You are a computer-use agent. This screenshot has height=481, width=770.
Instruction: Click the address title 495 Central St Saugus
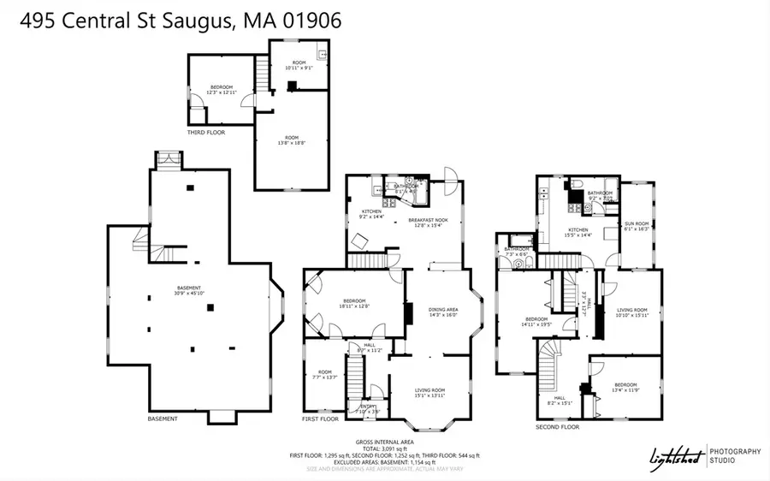[171, 20]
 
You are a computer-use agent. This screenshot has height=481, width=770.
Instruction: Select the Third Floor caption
[206, 132]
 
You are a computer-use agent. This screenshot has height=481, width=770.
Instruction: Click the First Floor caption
[321, 419]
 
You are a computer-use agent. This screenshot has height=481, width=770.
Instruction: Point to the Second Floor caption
[558, 426]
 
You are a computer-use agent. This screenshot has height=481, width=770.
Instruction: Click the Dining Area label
[442, 312]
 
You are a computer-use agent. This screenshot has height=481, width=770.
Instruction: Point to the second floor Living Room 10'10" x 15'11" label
[632, 312]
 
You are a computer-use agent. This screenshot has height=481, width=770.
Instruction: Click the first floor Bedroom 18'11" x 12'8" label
[355, 303]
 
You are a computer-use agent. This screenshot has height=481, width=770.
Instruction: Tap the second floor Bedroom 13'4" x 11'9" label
[625, 388]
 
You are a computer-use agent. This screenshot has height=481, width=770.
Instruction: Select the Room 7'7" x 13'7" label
[326, 374]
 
